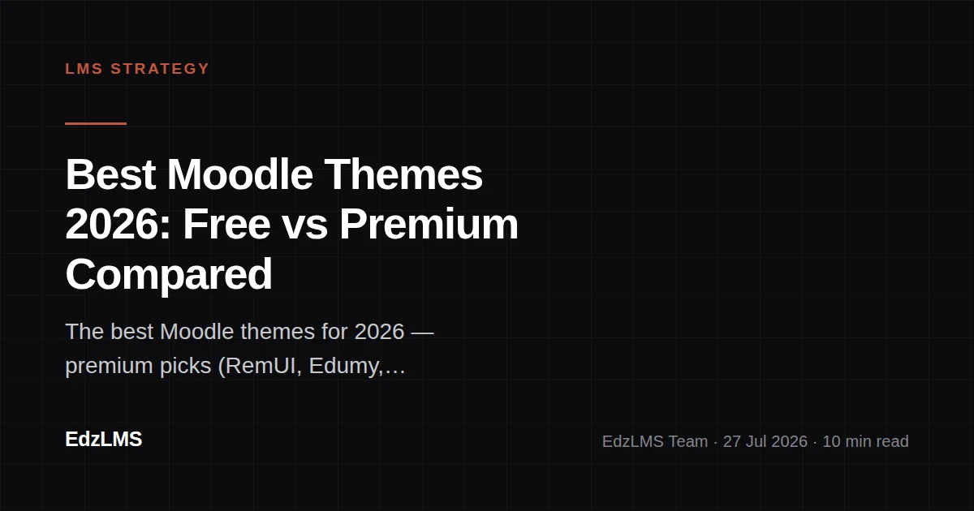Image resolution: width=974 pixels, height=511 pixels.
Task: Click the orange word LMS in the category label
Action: pos(84,69)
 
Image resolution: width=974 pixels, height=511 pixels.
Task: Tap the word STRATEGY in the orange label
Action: pos(160,69)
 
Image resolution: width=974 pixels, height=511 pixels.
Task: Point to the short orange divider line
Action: pos(96,123)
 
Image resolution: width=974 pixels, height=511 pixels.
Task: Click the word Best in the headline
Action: pos(110,174)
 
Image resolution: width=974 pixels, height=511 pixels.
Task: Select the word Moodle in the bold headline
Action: pos(240,174)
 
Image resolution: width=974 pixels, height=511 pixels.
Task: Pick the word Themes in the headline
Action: pos(403,174)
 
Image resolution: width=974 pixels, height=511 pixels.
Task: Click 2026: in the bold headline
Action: pos(119,225)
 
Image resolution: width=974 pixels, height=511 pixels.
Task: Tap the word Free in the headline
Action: pos(226,225)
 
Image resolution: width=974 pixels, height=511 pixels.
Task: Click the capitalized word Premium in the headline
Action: pos(429,225)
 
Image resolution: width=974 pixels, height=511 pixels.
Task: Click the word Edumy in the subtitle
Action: pos(346,367)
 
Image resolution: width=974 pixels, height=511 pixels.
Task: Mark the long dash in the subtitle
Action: pos(422,333)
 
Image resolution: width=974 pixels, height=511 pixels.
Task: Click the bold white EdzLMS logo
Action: pos(104,440)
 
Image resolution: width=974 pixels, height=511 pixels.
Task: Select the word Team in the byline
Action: pos(688,441)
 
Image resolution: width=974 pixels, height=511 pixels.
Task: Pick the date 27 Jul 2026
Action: pos(765,441)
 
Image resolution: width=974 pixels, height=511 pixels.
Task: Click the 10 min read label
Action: pos(866,441)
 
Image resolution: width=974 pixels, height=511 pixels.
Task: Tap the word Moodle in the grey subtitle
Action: pos(197,332)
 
